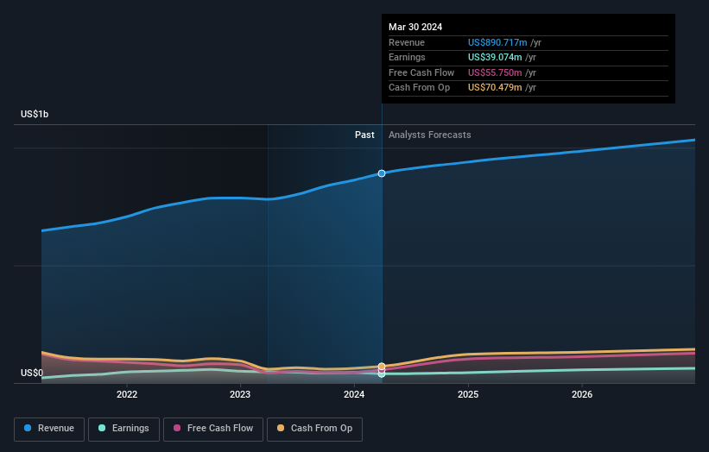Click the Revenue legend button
pyautogui.click(x=49, y=429)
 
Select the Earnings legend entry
pyautogui.click(x=123, y=429)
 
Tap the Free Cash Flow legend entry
pyautogui.click(x=213, y=429)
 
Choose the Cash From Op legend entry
pyautogui.click(x=314, y=429)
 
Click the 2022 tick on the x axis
pyautogui.click(x=127, y=395)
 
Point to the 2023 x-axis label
pyautogui.click(x=240, y=395)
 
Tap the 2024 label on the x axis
pyautogui.click(x=354, y=395)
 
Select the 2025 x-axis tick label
pyautogui.click(x=468, y=395)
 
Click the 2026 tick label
pyautogui.click(x=582, y=395)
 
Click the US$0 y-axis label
pyautogui.click(x=32, y=373)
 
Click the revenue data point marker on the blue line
pyautogui.click(x=382, y=173)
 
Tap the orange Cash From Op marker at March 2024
pyautogui.click(x=382, y=367)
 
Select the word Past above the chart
pyautogui.click(x=364, y=135)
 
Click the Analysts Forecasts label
pyautogui.click(x=430, y=135)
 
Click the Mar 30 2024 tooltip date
pyautogui.click(x=415, y=27)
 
